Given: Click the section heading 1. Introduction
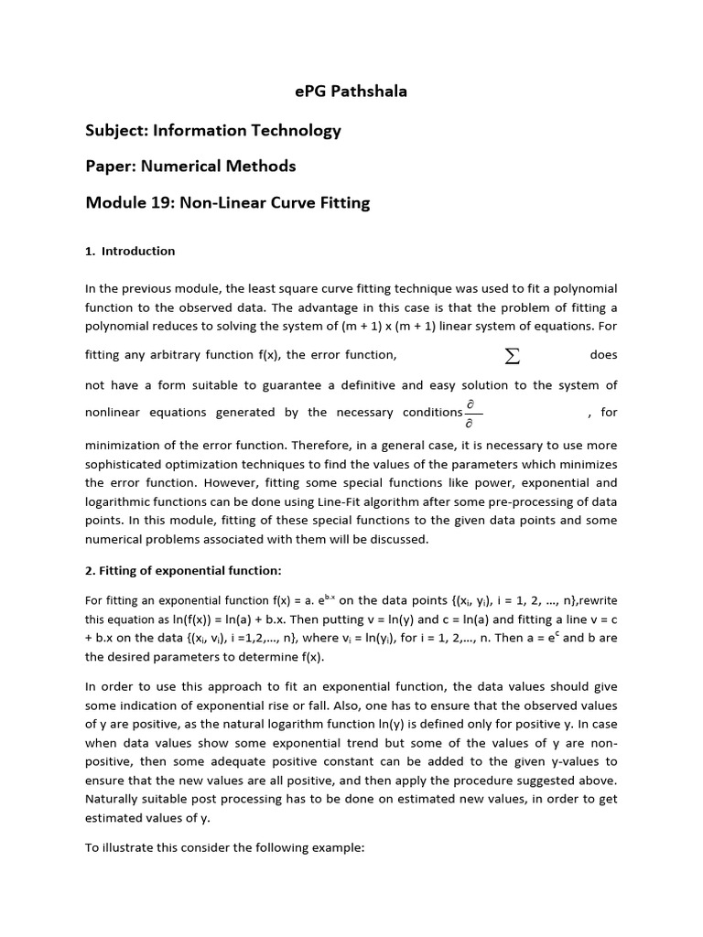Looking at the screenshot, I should [x=129, y=251].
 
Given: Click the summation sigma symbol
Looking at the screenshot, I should [x=513, y=355].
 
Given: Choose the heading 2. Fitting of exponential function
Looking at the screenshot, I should [x=183, y=571].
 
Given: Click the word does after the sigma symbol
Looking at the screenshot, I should [x=603, y=355].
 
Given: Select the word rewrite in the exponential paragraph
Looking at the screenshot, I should [x=596, y=600].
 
